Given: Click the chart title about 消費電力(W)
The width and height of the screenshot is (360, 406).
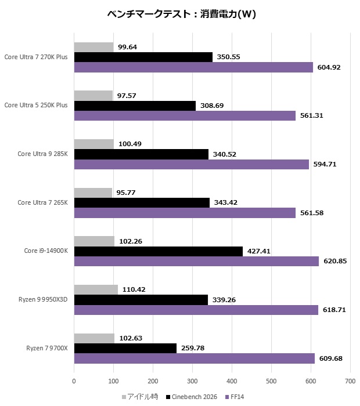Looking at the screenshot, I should (x=182, y=14).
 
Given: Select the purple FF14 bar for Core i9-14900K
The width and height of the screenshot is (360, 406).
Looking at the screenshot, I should (x=196, y=261).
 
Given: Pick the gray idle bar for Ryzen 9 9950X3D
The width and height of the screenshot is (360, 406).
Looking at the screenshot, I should (x=96, y=289).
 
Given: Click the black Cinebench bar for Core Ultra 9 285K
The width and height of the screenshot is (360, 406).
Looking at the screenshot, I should (x=141, y=154).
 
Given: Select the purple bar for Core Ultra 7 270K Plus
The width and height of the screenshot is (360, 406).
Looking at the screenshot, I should (x=193, y=67).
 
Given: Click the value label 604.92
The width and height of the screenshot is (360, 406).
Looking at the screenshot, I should (x=329, y=67).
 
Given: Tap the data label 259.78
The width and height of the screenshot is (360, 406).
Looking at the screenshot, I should (x=192, y=348).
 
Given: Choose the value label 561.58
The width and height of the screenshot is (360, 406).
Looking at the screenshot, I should (x=312, y=213).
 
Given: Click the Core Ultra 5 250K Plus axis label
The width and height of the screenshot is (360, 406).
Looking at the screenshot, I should (x=36, y=106).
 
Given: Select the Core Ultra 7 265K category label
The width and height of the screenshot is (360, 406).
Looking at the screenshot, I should (x=42, y=202).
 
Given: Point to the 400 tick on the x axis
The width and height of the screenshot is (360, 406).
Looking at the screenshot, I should (x=232, y=381).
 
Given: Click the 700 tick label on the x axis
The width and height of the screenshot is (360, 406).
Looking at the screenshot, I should (x=350, y=381).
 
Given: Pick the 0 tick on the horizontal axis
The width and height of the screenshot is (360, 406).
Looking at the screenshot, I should (x=74, y=381).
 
